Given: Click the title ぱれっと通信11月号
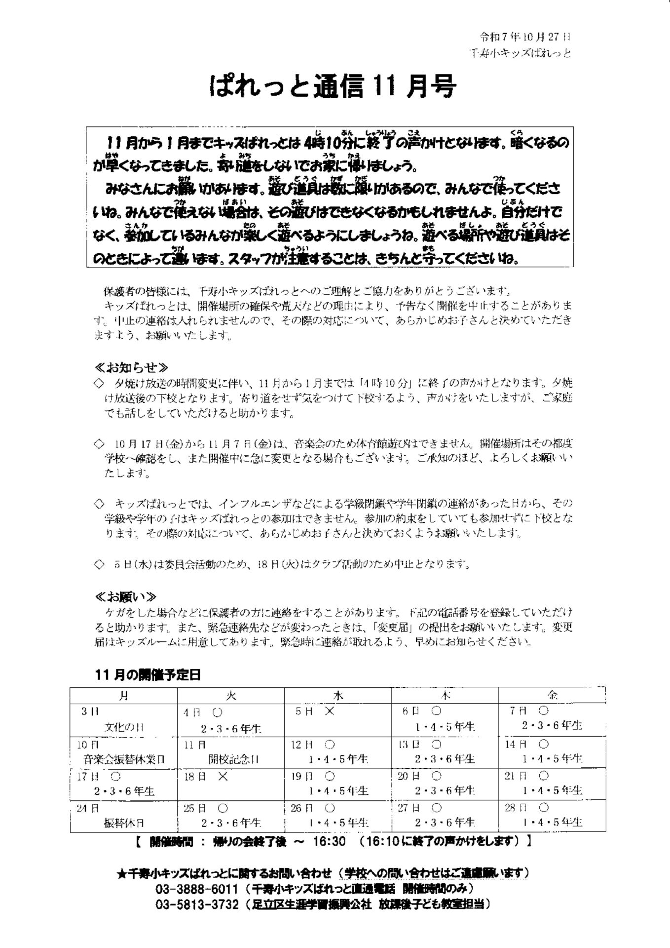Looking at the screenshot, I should point(334,87).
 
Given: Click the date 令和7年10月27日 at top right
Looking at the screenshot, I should point(526,37).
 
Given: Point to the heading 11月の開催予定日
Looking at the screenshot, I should point(148,675).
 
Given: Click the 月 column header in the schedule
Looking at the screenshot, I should point(123,695).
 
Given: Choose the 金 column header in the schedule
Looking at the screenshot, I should point(552,695).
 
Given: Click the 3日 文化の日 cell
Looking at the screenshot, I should point(123,719).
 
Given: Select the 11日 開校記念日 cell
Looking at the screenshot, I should point(230,752).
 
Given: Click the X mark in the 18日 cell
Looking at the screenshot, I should point(223,777).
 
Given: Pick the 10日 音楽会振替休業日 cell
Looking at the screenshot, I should point(123,752).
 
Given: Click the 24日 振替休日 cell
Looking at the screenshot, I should point(123,816).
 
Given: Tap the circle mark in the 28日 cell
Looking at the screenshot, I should point(544,808).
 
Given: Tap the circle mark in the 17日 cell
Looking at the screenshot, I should point(115,776).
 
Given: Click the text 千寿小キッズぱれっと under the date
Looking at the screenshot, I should point(520,53).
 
